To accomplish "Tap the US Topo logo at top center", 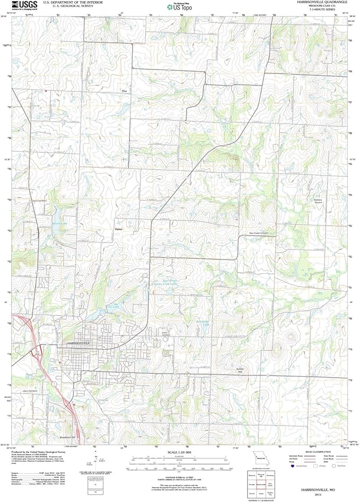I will click(x=179, y=6).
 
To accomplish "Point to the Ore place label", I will click(x=125, y=91).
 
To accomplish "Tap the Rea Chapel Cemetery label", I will click(x=259, y=232).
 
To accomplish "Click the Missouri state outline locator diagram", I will click(x=260, y=457).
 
